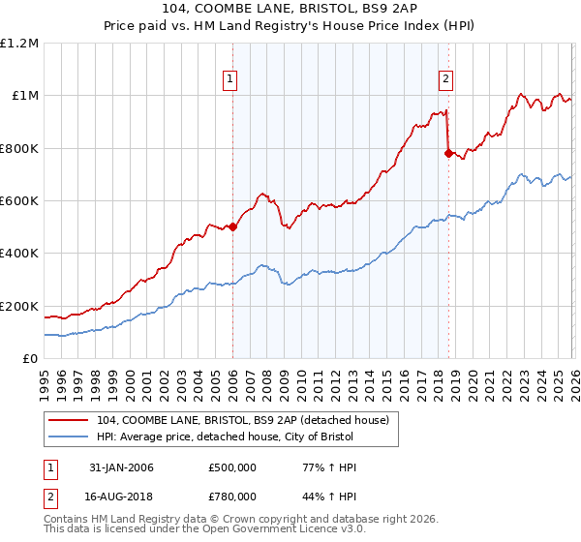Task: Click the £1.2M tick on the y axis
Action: pyautogui.click(x=19, y=44)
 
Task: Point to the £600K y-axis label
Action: pyautogui.click(x=19, y=201)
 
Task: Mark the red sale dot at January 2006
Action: pyautogui.click(x=232, y=227)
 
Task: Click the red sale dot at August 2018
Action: pyautogui.click(x=447, y=153)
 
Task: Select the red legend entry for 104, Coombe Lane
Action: pyautogui.click(x=242, y=419)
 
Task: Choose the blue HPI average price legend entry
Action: pyautogui.click(x=233, y=437)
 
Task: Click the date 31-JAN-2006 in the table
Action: pyautogui.click(x=122, y=467)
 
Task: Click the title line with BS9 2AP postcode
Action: pyautogui.click(x=290, y=11)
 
